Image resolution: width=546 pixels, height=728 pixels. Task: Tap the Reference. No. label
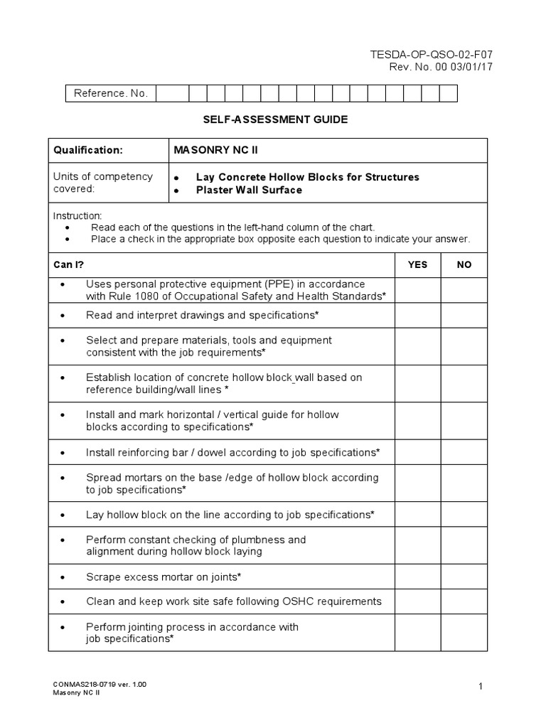click(110, 94)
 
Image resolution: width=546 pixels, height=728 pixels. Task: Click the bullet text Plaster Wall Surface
click(249, 190)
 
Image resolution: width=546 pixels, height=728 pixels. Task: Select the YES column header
click(417, 264)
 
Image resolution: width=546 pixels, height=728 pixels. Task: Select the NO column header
click(464, 264)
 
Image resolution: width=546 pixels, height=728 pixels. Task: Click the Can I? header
click(69, 264)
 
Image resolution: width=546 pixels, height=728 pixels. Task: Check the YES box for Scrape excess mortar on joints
click(417, 577)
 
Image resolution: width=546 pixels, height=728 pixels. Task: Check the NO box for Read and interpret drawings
click(464, 314)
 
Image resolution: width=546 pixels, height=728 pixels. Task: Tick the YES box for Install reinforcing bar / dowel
click(417, 452)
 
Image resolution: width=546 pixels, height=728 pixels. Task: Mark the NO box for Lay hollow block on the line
click(464, 514)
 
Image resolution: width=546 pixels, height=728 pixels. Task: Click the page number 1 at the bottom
click(481, 686)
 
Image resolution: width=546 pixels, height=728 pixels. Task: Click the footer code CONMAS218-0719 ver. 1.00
click(100, 684)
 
